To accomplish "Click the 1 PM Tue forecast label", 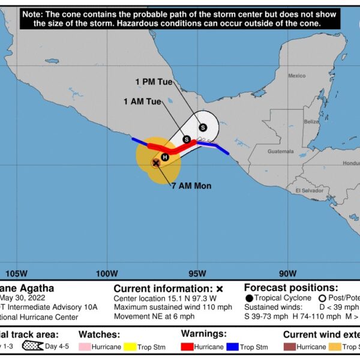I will coord(154,81).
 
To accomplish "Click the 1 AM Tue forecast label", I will coord(142,101).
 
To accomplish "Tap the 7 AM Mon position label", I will coord(191,186).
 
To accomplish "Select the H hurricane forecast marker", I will coord(165,157).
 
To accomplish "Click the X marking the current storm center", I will coord(156,163).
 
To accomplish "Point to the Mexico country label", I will coord(297,76).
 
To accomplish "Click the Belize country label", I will coord(311,121).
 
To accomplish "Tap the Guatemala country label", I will coord(281,151).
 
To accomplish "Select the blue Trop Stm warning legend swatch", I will coord(231,347).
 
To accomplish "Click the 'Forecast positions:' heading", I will coord(291,288).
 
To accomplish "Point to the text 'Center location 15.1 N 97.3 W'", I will coord(165,298).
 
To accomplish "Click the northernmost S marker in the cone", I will coord(203,127).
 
